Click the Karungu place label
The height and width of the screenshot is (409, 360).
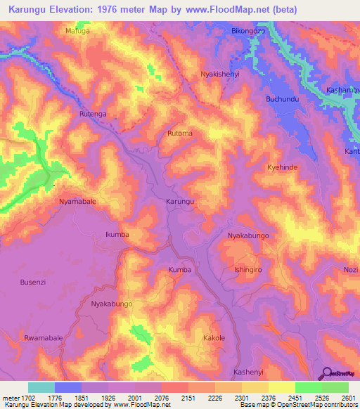179,201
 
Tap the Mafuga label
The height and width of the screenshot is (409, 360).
78,31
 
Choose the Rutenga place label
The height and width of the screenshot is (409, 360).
94,113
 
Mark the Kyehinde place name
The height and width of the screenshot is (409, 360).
283,167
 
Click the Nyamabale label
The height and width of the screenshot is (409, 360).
77,200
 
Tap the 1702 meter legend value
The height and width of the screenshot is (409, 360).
30,397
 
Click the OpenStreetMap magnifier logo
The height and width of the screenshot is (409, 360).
326,372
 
